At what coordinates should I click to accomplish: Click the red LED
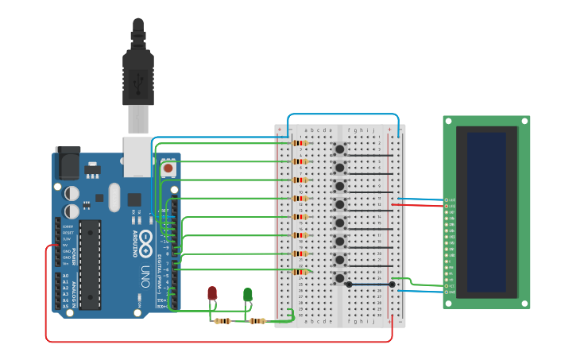point(212,293)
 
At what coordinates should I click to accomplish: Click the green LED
point(247,294)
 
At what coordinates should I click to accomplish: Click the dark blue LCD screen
point(485,211)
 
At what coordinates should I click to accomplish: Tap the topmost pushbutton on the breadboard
point(340,149)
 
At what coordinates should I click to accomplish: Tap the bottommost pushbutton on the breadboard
point(340,278)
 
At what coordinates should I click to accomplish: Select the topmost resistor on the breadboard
point(300,143)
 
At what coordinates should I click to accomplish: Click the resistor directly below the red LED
point(223,321)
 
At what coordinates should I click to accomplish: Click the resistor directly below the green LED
point(257,321)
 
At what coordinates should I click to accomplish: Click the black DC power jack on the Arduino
point(67,162)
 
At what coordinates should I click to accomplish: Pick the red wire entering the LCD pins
point(421,204)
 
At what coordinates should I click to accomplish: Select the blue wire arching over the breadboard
point(342,114)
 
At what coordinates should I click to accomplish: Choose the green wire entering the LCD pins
point(425,283)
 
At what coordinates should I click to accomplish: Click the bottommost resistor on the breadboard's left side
point(300,272)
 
